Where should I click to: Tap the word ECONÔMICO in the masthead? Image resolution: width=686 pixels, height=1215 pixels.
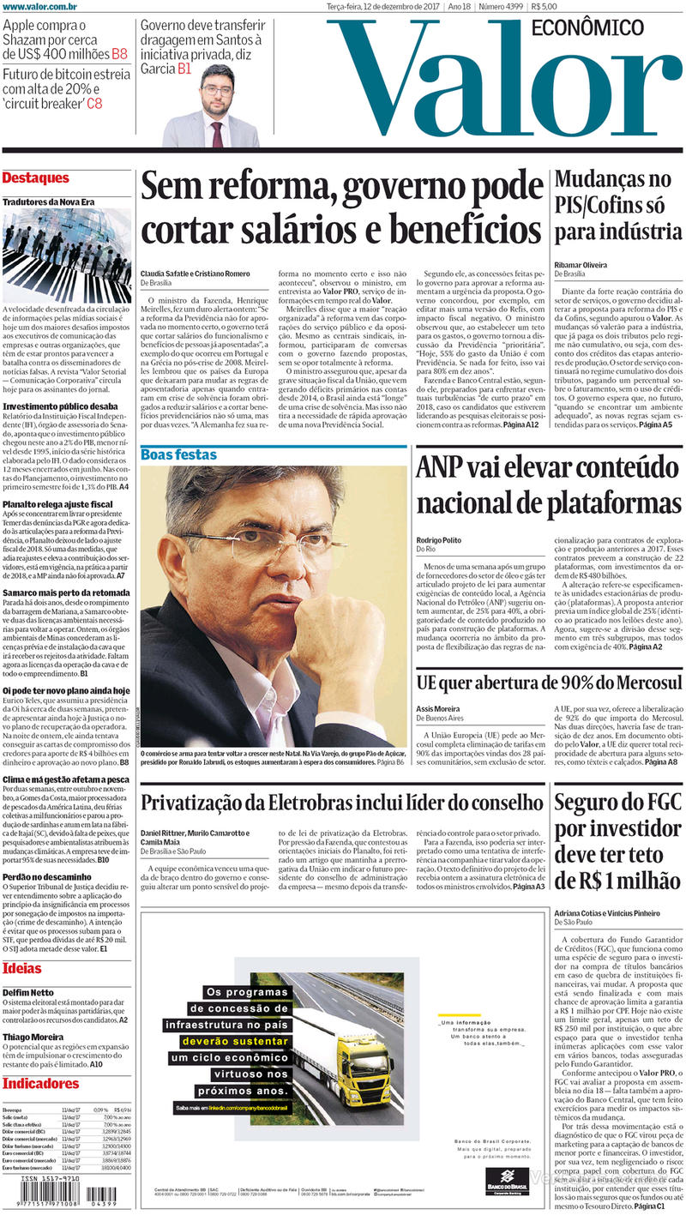click(x=587, y=27)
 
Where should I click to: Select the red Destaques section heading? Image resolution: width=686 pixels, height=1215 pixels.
click(x=35, y=178)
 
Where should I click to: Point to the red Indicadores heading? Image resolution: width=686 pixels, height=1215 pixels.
click(x=40, y=1083)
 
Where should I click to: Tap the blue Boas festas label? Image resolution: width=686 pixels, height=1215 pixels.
click(x=179, y=454)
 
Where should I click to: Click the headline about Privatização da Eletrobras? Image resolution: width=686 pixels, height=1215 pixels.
click(x=342, y=803)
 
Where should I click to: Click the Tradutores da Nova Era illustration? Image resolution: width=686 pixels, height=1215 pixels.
click(x=67, y=255)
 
